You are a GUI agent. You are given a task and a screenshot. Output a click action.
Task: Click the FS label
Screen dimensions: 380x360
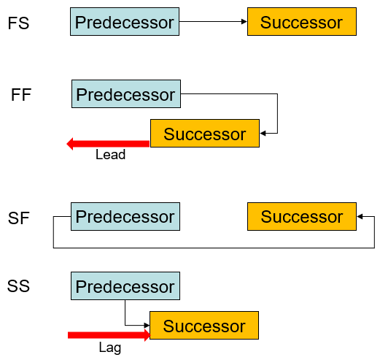(18, 23)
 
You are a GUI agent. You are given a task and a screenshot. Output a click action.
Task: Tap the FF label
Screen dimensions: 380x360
(21, 95)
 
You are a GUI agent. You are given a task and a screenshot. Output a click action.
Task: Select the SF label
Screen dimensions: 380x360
(19, 218)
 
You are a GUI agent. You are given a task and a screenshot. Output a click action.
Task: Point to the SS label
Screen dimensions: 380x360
(18, 286)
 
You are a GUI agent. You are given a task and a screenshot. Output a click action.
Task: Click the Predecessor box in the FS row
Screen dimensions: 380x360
(125, 22)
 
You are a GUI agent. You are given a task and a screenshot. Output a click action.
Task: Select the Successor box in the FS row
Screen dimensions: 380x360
(302, 22)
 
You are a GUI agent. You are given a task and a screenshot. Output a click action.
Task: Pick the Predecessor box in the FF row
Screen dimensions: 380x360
(126, 93)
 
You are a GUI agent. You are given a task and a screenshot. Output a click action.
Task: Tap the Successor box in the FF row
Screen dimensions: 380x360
(205, 133)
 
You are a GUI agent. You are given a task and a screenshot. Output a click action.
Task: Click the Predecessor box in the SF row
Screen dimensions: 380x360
(125, 216)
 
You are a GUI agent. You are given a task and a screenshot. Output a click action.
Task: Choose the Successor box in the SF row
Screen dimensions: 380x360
(302, 216)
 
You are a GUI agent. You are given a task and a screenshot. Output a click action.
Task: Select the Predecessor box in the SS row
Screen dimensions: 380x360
(125, 286)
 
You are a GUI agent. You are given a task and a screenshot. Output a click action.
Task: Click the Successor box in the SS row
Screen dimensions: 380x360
(204, 325)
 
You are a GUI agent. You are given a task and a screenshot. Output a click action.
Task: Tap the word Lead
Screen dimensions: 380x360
(111, 155)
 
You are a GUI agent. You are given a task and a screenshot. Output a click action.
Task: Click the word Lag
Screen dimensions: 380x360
(110, 348)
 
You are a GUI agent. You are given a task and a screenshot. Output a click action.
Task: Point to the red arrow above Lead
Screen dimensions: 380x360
(108, 144)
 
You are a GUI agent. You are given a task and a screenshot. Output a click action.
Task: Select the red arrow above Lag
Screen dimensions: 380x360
(109, 335)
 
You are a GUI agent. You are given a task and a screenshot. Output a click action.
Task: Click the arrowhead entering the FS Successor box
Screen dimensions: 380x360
(244, 22)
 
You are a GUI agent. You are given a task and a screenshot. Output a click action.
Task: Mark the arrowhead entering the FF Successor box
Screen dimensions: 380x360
(263, 133)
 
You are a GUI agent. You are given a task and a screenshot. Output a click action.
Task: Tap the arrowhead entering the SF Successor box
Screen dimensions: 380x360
(360, 216)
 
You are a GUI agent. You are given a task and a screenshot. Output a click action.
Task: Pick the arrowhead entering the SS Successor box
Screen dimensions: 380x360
(147, 325)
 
